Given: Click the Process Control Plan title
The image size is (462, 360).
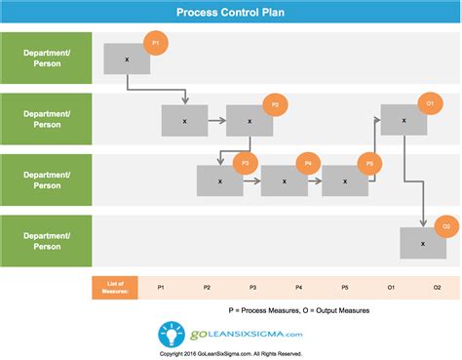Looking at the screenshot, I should [x=230, y=14].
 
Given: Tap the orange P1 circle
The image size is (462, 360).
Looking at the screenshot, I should [x=155, y=44].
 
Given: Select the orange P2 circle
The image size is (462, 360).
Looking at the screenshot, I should [x=275, y=104].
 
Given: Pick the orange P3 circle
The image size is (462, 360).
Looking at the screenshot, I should [x=246, y=164].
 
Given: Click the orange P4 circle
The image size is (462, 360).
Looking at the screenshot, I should [x=308, y=164].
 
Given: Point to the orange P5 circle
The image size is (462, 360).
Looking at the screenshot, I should [x=369, y=164].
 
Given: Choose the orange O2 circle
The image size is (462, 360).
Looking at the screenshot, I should [x=445, y=226].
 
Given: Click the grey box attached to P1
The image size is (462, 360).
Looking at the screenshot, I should [x=127, y=59].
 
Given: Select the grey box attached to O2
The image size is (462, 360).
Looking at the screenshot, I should [x=422, y=243].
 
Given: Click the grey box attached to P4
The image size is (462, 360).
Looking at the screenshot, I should [x=284, y=180].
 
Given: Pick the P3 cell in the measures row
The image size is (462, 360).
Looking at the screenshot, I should [x=252, y=287].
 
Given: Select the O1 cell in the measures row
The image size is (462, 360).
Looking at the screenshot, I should [x=391, y=287].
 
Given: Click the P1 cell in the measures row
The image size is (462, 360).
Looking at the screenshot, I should [x=161, y=287].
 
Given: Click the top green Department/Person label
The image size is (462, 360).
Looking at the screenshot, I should [x=47, y=57].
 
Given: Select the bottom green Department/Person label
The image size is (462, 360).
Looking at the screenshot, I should [x=47, y=240].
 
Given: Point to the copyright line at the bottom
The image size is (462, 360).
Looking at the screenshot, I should [x=230, y=353].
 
